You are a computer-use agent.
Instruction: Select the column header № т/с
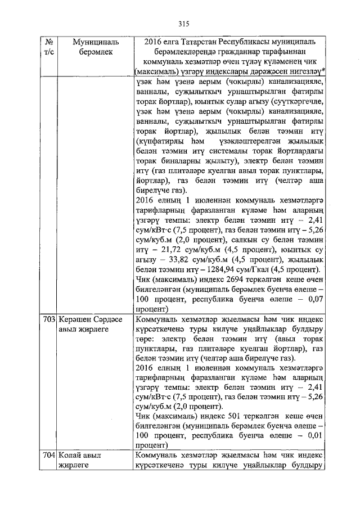tap(49, 47)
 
